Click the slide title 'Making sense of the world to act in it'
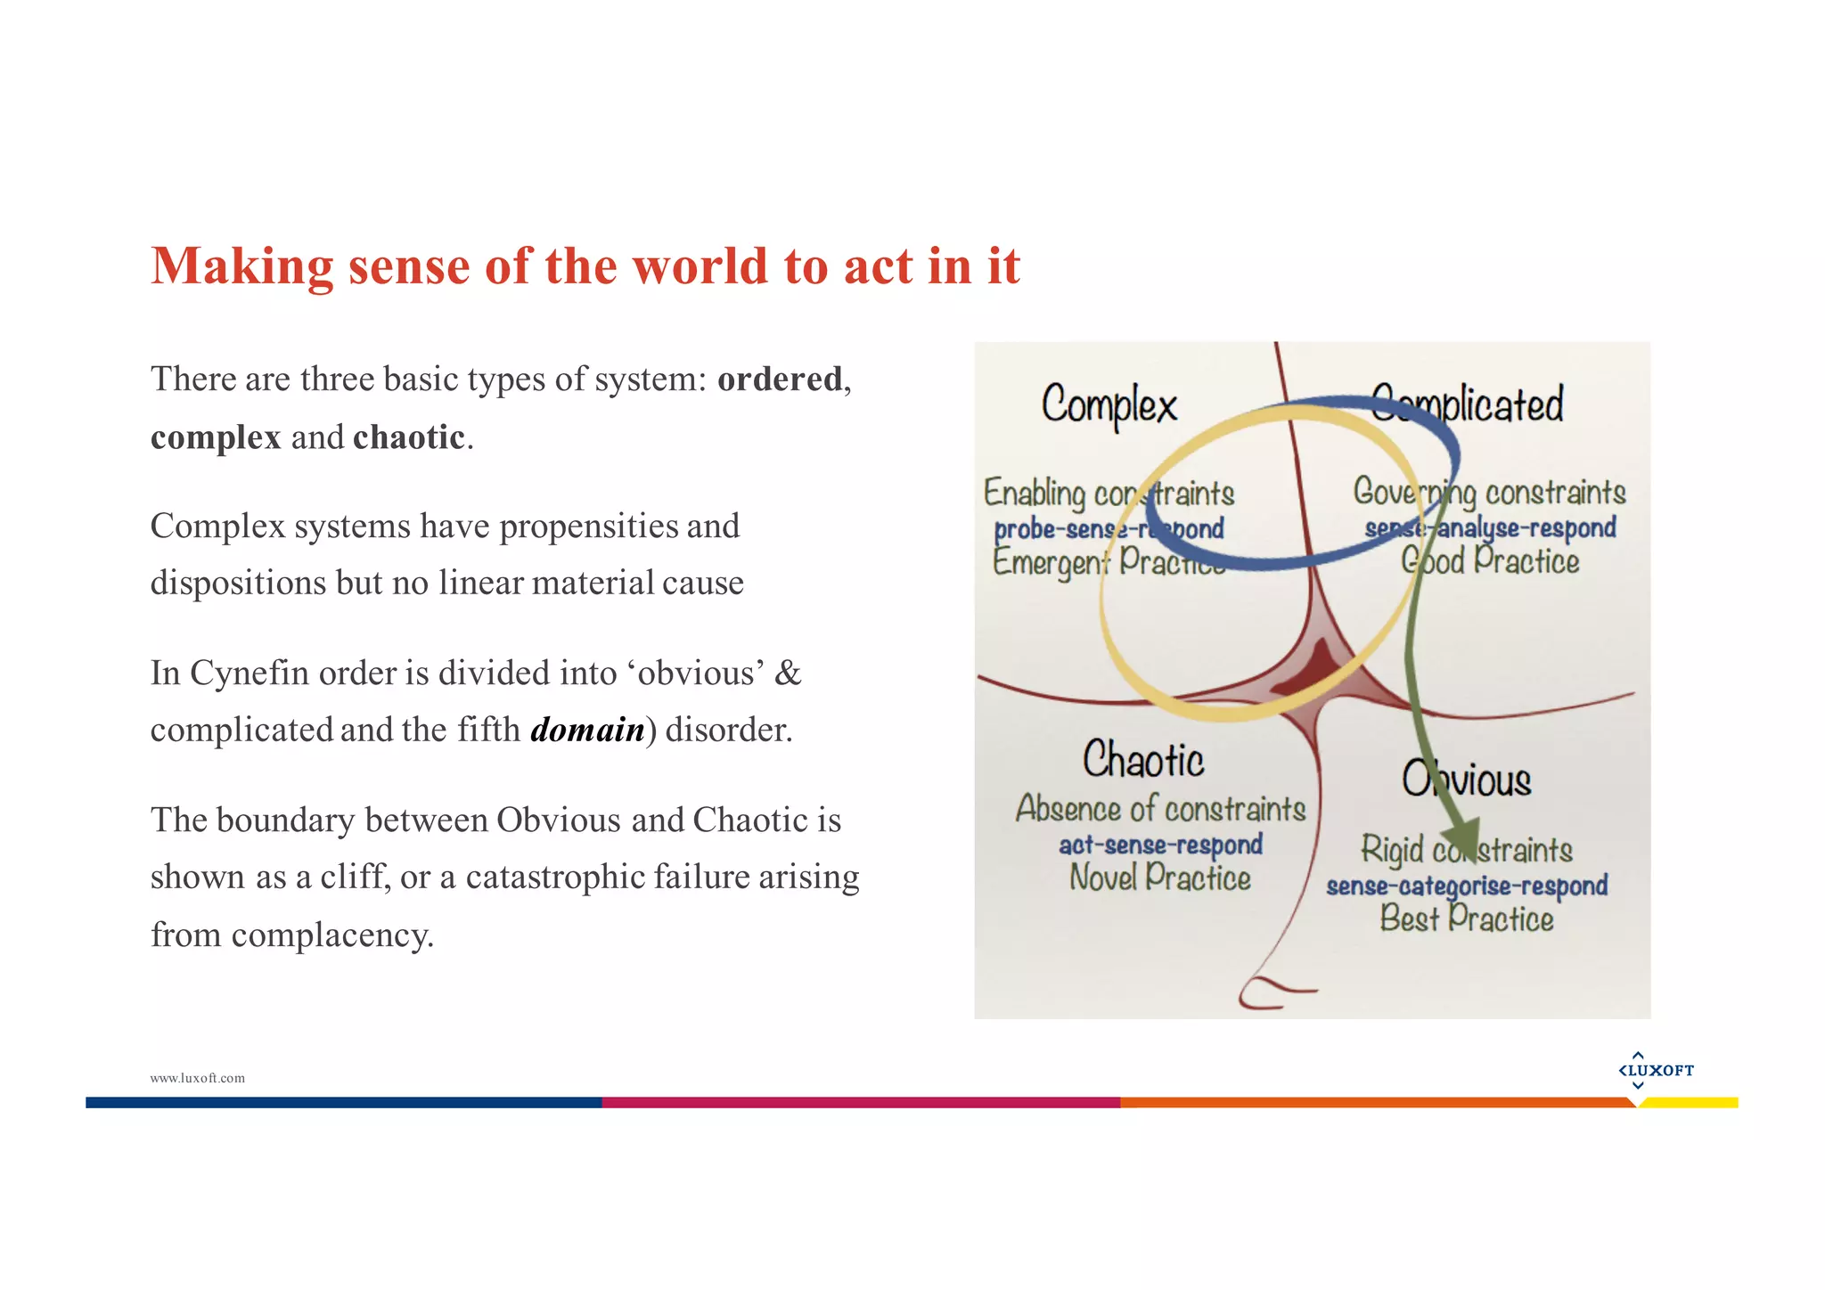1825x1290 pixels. [585, 266]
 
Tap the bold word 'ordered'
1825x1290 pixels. [780, 380]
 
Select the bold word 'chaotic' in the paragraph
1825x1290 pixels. [409, 437]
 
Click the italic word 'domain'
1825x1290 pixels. [587, 730]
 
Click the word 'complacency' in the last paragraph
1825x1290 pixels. [330, 935]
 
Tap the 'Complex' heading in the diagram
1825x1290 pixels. [1109, 406]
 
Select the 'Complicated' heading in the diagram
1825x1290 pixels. [1467, 404]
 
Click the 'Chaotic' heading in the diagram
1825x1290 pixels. [1143, 760]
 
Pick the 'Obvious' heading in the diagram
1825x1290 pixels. [1467, 780]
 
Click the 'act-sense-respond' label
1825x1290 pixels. [1160, 845]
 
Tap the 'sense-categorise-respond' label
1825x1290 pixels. [1467, 886]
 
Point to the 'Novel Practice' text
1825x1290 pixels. [1160, 878]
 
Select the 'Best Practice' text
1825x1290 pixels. [1467, 919]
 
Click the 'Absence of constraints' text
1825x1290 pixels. [1160, 809]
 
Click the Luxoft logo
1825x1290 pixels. [1656, 1070]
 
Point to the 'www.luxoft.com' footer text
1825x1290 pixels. [197, 1078]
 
